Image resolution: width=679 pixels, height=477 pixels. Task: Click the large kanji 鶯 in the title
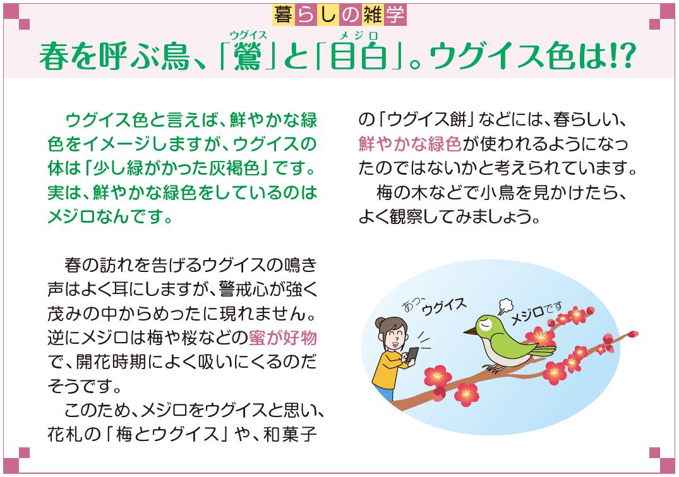[x=249, y=57]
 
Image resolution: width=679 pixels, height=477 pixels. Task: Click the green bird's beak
[x=470, y=329]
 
